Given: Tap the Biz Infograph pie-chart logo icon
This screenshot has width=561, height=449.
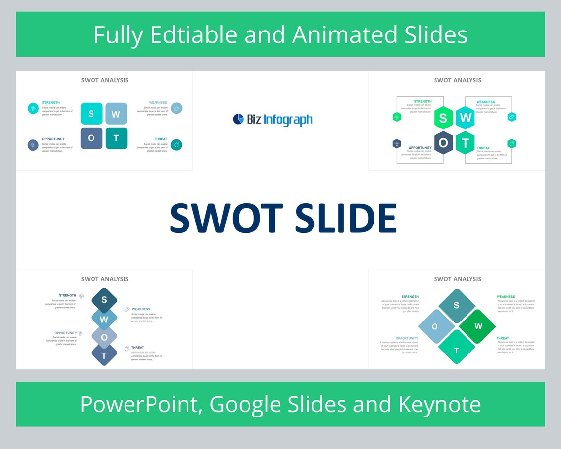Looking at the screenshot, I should (x=238, y=119).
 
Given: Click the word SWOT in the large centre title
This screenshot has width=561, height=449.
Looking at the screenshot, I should (x=226, y=218).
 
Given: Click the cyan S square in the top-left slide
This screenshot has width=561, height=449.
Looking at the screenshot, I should (x=91, y=114).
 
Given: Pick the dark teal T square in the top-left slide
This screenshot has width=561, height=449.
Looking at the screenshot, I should (x=116, y=138).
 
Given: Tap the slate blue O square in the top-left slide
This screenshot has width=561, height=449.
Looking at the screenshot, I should (x=91, y=138).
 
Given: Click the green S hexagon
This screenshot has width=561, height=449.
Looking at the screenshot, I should (x=443, y=118).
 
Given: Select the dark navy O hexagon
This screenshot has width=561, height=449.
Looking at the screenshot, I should (x=443, y=143).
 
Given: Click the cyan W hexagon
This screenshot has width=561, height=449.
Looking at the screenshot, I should (x=465, y=118).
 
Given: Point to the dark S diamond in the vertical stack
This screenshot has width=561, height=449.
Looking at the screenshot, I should (x=104, y=300).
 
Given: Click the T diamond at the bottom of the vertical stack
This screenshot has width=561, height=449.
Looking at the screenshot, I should (x=104, y=355).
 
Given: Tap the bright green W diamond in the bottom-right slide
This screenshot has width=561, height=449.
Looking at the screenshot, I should (x=478, y=326).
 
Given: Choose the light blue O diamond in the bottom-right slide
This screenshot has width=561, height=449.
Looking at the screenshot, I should (x=435, y=326).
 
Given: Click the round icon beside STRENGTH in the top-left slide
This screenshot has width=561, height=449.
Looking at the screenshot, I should (x=33, y=108).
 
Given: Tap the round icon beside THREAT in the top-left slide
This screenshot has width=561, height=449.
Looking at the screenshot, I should (x=177, y=145).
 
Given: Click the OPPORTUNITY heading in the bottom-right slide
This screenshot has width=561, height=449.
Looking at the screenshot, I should (x=406, y=338).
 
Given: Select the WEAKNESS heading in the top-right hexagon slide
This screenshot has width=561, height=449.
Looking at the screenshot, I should (x=485, y=102).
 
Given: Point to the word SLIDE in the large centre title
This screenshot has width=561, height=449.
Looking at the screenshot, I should (x=345, y=218).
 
